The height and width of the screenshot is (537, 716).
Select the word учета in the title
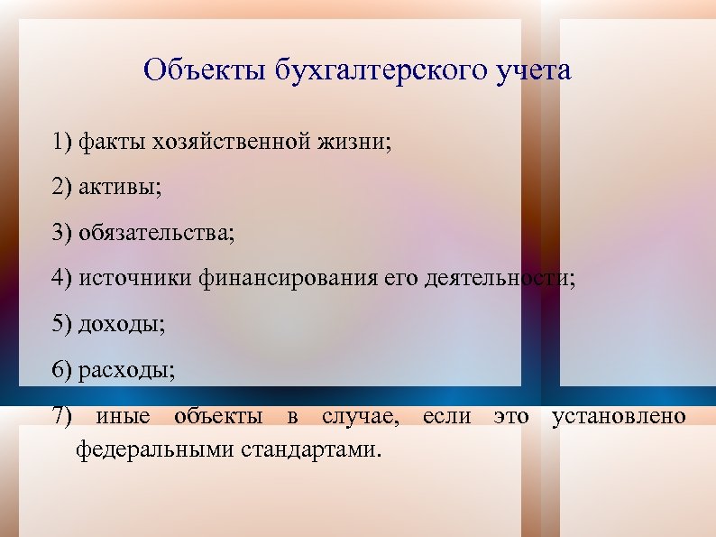533,70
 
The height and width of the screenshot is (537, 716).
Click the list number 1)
62,142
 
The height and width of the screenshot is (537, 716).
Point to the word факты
113,142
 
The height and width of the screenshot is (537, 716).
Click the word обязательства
155,234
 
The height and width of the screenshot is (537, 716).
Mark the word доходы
122,325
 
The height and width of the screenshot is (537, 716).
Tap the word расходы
127,370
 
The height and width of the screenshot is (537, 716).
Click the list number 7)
62,416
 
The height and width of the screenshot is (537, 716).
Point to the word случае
359,416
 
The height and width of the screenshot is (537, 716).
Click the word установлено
619,416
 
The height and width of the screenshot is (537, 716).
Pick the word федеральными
156,448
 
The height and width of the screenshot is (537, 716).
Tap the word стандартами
312,448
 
